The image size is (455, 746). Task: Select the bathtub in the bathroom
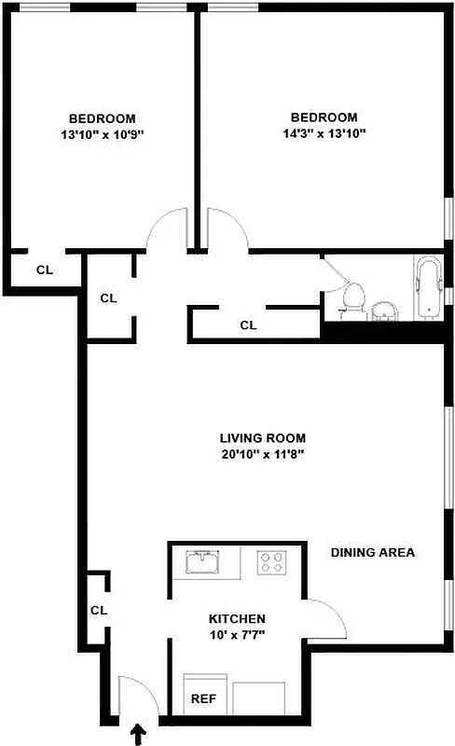427,288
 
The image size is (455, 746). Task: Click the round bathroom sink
383,311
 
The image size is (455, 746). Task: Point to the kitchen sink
202,561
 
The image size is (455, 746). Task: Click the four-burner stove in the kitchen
272,562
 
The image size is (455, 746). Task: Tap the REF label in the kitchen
203,698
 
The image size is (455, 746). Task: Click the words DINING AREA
372,552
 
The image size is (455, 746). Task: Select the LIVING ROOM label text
262,437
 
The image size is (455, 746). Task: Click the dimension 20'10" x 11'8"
262,454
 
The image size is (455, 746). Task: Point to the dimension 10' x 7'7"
237,635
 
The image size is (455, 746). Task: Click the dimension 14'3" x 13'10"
324,133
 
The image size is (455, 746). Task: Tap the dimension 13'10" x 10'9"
102,134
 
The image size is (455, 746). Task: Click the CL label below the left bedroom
44,270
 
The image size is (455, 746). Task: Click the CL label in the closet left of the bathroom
248,325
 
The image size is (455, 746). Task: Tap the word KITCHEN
237,618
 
